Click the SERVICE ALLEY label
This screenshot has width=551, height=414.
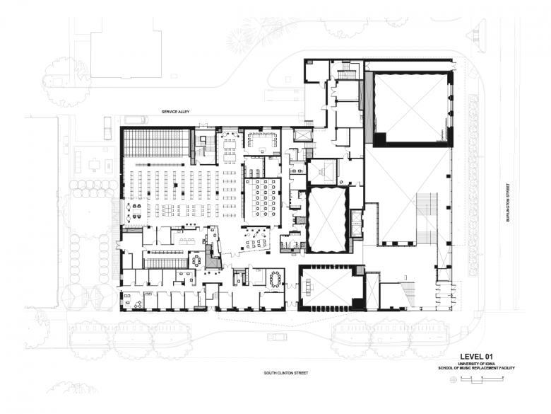(x=175, y=112)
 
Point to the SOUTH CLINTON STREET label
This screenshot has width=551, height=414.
(x=285, y=373)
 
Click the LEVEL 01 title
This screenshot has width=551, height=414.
(x=476, y=357)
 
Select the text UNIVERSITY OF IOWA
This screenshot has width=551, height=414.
(x=476, y=363)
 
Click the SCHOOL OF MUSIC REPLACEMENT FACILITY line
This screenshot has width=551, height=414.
(x=476, y=368)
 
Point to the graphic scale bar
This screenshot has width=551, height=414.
(x=482, y=379)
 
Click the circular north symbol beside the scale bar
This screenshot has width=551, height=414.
(x=454, y=379)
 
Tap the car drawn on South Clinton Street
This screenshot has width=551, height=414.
(x=277, y=337)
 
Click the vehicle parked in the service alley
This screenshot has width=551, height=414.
(x=135, y=120)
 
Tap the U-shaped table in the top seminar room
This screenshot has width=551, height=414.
(x=263, y=140)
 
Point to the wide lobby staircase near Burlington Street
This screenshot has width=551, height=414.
(x=427, y=218)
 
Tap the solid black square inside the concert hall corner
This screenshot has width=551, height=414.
(x=380, y=139)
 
